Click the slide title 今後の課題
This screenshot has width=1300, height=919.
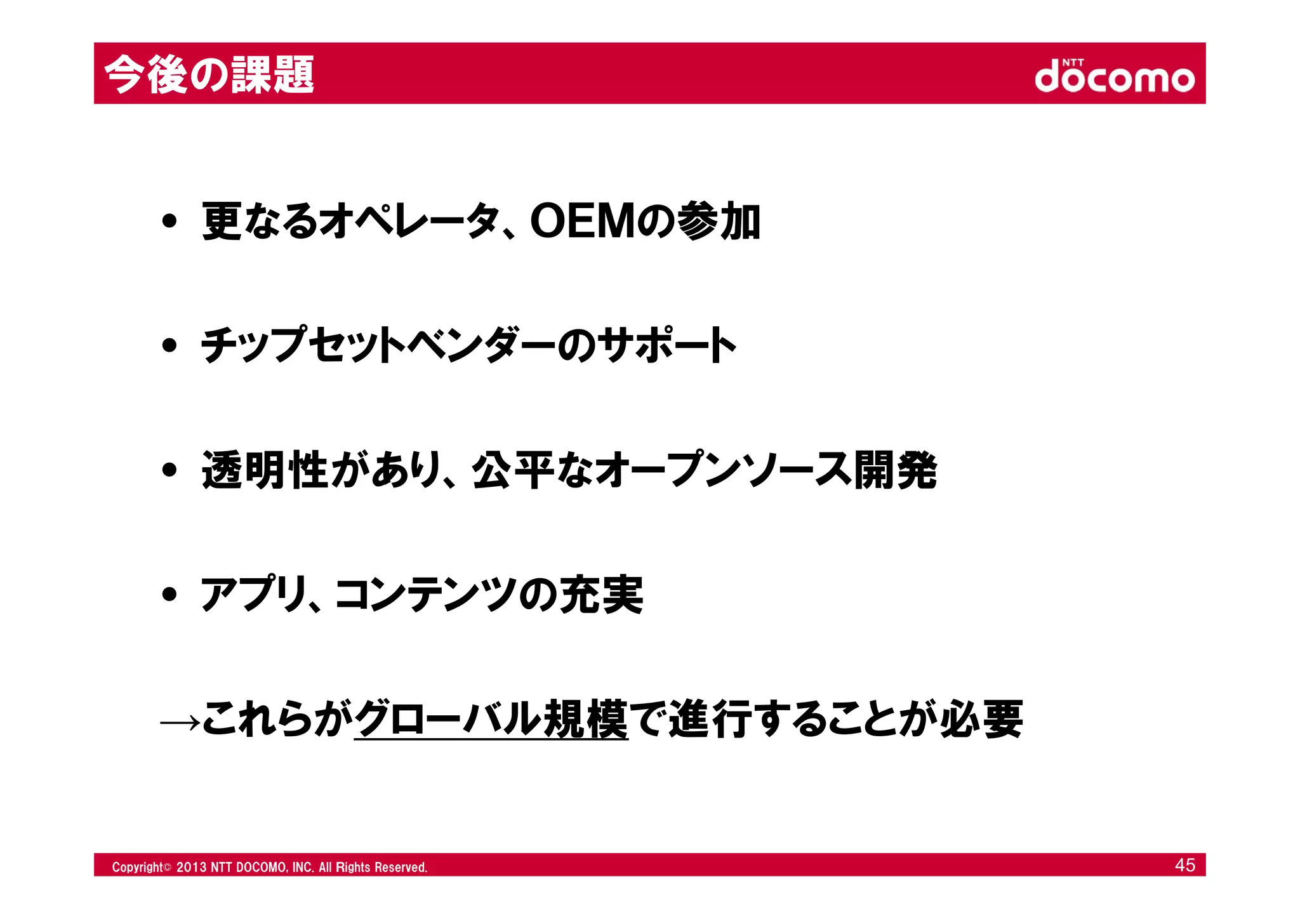tap(209, 75)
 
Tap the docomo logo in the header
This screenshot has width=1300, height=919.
tap(1114, 76)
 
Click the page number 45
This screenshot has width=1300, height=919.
tap(1184, 865)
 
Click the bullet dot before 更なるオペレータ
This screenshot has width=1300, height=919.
tap(169, 221)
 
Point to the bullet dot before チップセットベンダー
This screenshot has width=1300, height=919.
tap(169, 346)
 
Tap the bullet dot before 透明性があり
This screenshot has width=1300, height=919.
tap(169, 470)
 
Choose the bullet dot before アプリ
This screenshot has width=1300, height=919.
tap(169, 595)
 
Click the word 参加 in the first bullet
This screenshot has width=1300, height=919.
tap(718, 221)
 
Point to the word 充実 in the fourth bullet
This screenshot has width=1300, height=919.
tap(600, 595)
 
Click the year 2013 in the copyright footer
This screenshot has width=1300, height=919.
tap(190, 867)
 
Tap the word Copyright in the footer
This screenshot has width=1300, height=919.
tap(138, 867)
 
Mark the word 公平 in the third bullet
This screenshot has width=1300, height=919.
tap(514, 470)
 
